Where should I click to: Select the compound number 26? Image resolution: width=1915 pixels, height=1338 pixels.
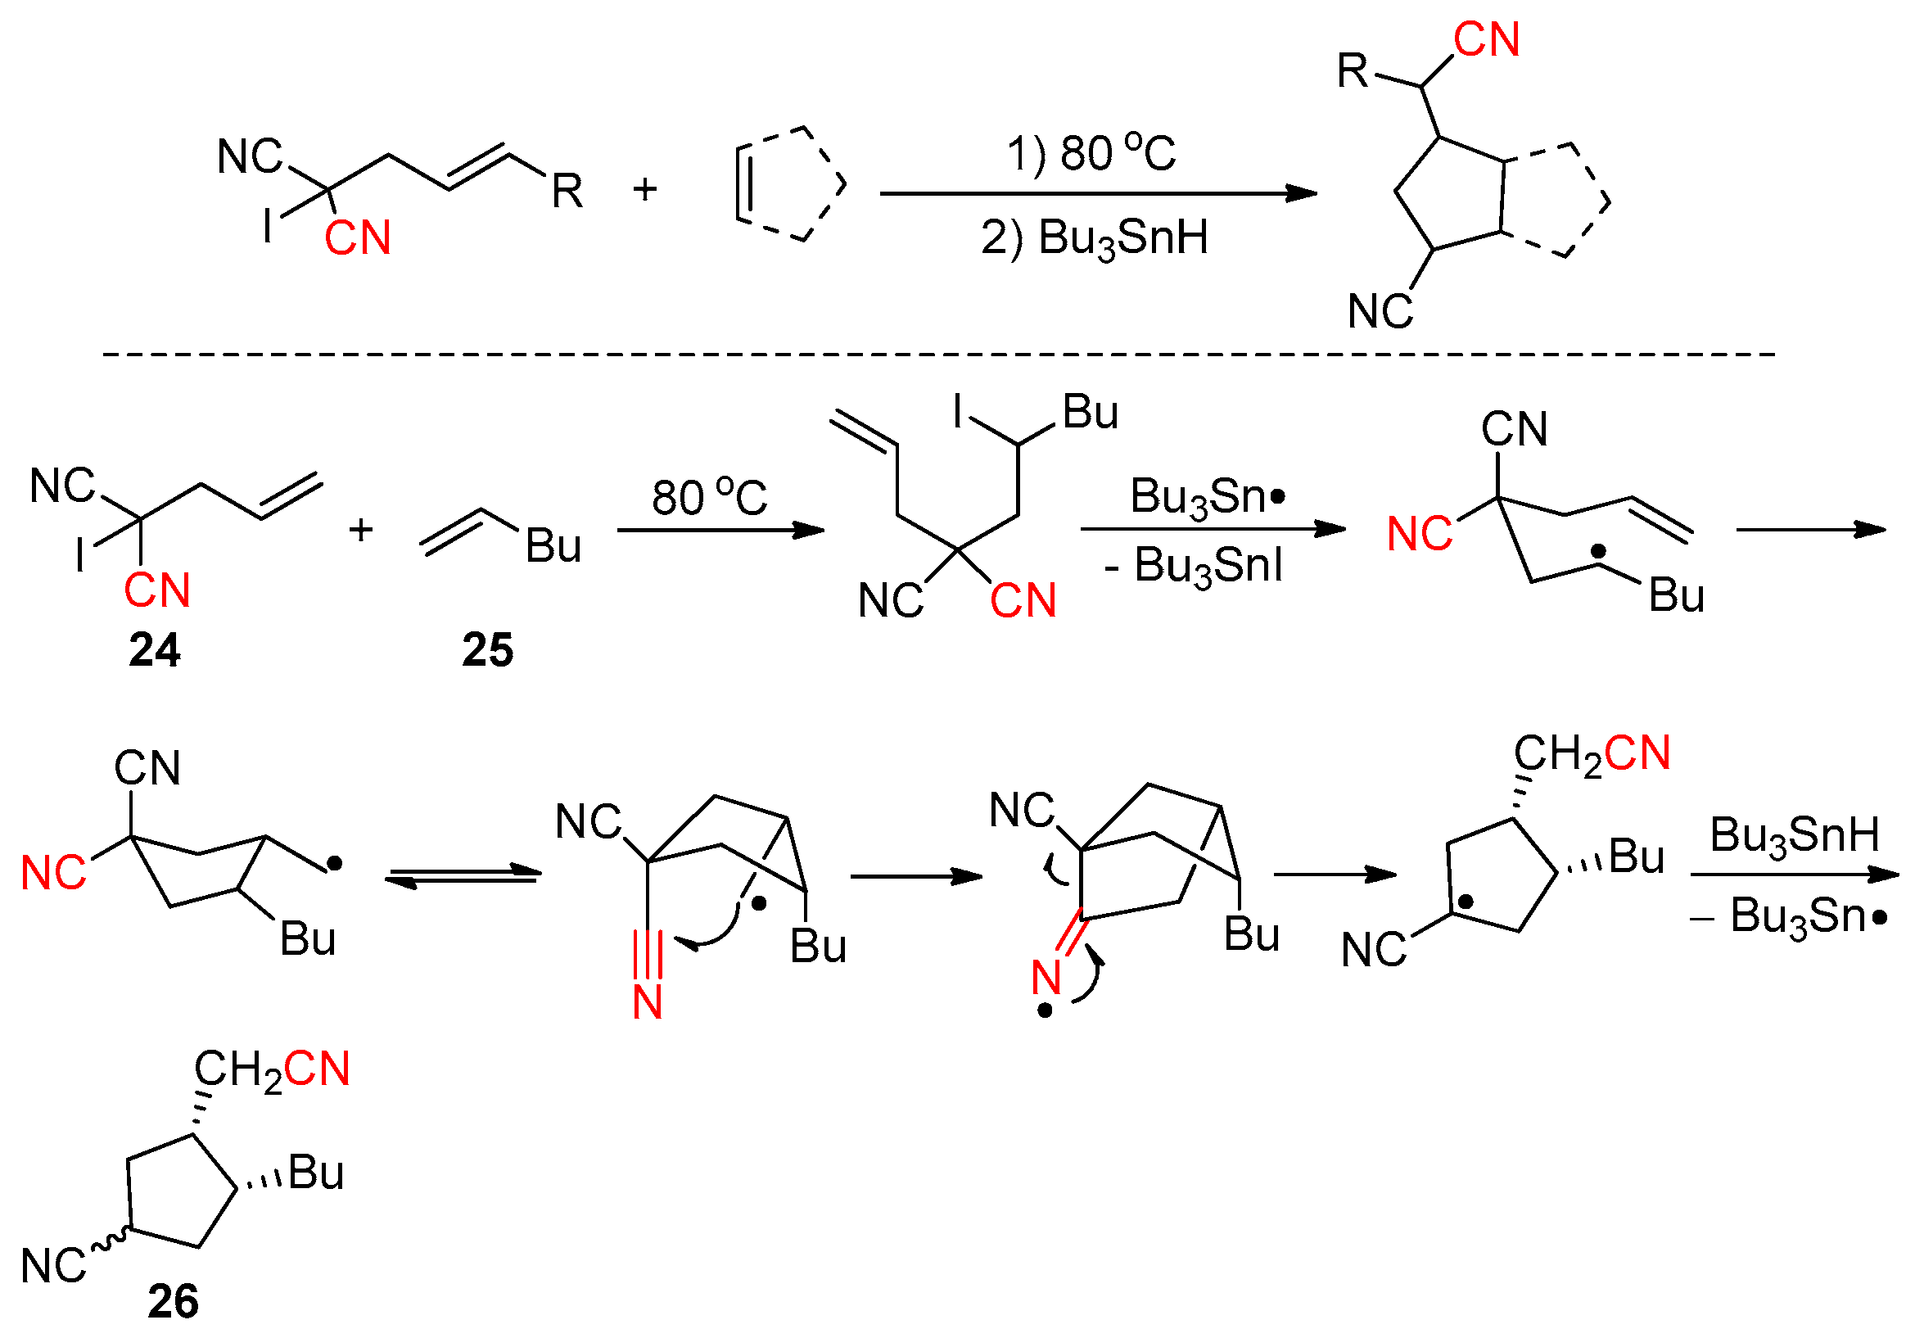point(174,1300)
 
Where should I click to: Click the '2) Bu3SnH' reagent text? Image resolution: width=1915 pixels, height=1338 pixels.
point(1095,237)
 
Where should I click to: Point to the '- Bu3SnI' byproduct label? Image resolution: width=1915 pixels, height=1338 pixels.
point(1193,566)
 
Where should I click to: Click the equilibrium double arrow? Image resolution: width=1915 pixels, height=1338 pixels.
point(463,876)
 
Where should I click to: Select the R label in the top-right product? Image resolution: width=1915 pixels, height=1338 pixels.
point(1352,71)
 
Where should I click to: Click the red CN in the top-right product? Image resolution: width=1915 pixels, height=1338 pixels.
point(1486,39)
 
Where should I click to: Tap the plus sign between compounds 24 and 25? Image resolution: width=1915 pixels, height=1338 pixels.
point(361,531)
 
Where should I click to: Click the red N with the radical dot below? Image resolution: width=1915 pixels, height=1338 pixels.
point(1046,978)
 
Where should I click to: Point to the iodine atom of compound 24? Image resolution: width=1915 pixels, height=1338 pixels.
point(81,554)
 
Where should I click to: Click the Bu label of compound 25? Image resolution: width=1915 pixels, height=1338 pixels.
point(553,546)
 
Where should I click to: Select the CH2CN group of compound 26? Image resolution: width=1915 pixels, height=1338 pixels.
point(272,1070)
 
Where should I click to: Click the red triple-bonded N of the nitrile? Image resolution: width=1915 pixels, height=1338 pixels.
point(648,1001)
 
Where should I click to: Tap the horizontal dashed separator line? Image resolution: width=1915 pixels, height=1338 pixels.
point(938,355)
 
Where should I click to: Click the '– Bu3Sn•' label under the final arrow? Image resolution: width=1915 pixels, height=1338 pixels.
point(1789,916)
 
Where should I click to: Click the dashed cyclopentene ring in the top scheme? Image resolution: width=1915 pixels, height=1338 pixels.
point(789,184)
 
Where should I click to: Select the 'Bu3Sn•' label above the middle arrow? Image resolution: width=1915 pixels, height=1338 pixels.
point(1208,497)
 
